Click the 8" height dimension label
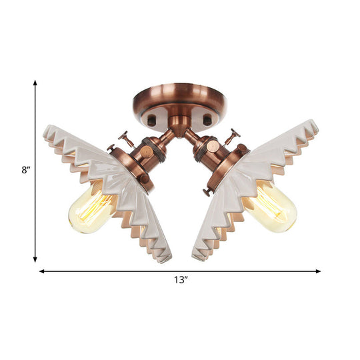25,170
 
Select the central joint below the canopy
179,125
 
